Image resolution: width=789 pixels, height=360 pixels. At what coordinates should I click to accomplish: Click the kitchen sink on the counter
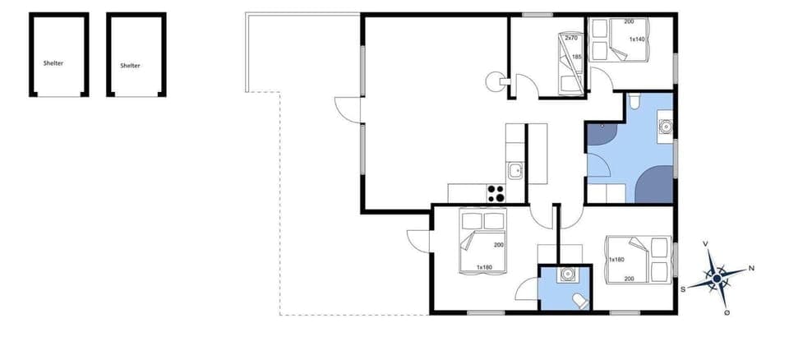click(515, 171)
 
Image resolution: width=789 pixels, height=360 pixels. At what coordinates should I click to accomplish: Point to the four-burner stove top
click(496, 194)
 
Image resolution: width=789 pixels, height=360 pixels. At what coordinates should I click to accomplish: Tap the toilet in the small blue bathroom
click(581, 300)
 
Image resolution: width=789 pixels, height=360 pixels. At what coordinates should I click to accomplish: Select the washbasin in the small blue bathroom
click(565, 275)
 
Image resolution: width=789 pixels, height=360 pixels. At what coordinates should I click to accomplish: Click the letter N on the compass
click(751, 268)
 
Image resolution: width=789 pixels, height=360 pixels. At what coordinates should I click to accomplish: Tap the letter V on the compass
click(706, 243)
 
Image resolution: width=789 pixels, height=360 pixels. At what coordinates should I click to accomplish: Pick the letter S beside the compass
click(682, 288)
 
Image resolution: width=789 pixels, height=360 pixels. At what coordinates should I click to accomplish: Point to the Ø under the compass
click(727, 313)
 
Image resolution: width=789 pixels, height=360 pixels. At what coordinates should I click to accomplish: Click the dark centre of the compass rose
click(717, 279)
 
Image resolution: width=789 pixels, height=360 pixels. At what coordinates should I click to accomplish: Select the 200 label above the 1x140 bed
click(629, 21)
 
